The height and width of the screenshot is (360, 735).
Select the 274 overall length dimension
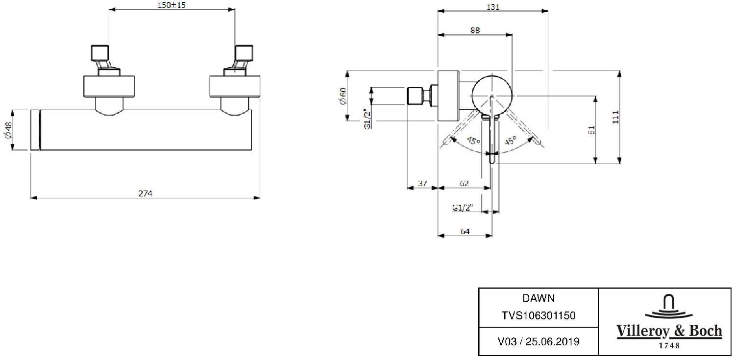click(x=146, y=193)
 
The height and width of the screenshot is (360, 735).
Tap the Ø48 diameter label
click(x=8, y=131)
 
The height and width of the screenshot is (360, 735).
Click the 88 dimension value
click(x=475, y=30)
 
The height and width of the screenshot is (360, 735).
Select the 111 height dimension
click(x=616, y=117)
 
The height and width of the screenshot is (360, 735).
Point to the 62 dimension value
click(x=464, y=183)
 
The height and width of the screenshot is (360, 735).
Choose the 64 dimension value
click(x=465, y=232)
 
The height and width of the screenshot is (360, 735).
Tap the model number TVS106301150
click(x=539, y=316)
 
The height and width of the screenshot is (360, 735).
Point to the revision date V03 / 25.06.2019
click(x=539, y=341)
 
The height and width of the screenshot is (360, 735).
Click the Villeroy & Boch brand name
click(x=668, y=332)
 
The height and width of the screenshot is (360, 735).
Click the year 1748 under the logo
click(x=668, y=346)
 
